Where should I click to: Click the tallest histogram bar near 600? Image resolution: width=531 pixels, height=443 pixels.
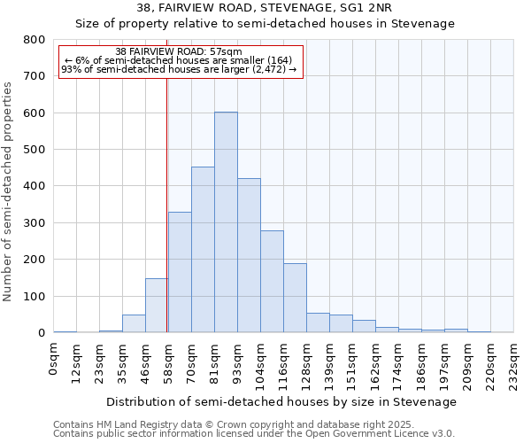point(226,222)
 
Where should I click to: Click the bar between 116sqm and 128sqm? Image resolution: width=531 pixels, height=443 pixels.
point(295,298)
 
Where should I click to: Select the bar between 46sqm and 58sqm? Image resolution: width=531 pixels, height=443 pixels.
point(157,306)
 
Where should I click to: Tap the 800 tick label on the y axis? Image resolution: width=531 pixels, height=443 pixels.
point(35,40)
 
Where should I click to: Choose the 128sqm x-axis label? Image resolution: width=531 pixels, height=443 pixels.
point(307,363)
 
